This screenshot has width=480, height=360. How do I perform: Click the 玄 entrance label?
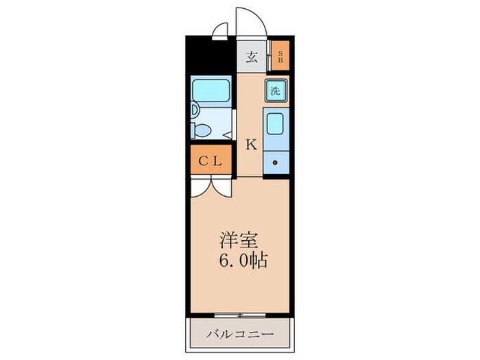tap(252, 57)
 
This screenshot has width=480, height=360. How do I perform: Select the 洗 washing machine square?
tap(275, 91)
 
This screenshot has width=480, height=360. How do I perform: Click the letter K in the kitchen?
tap(251, 145)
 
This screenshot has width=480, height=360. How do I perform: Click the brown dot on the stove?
tap(274, 163)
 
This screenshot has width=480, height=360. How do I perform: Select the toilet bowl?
tap(204, 128)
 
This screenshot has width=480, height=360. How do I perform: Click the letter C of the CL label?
tap(203, 162)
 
